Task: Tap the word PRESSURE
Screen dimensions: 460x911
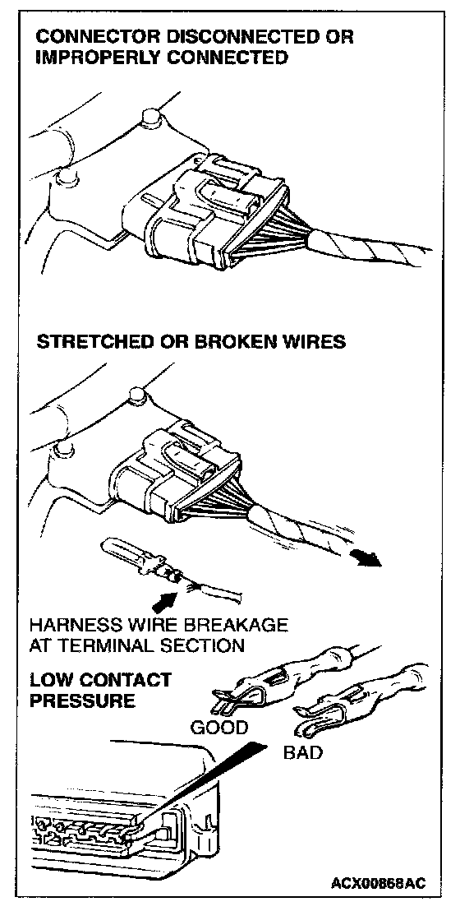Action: tap(82, 700)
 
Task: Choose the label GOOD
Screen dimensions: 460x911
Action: tap(219, 728)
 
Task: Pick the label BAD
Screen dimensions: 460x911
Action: tap(302, 753)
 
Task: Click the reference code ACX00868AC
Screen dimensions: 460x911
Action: tap(378, 884)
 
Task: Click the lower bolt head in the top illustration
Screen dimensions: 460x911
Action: tap(68, 175)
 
